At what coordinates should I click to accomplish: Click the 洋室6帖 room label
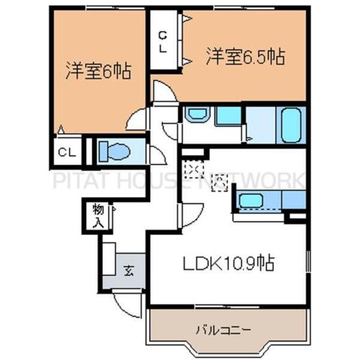click(98, 73)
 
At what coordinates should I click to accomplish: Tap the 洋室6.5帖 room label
click(245, 57)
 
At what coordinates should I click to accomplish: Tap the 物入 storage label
click(98, 216)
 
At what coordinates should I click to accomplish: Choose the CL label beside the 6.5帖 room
click(163, 43)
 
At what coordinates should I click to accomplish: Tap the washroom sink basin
click(195, 114)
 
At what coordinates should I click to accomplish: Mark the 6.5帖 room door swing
click(163, 93)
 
